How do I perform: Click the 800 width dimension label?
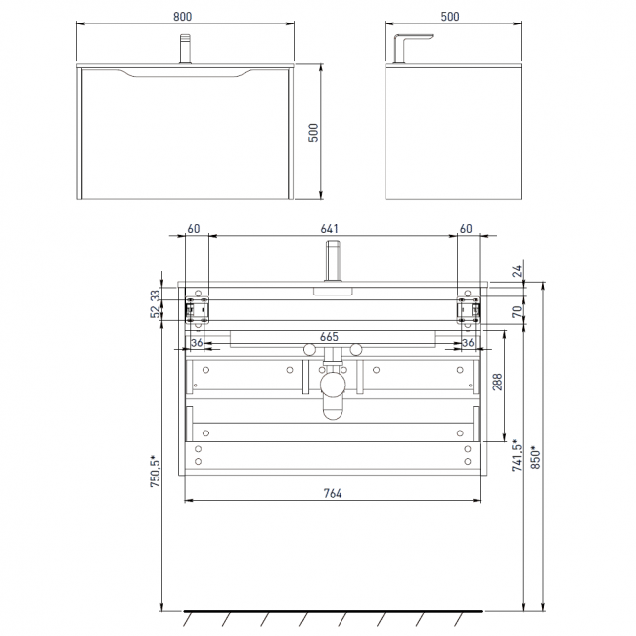183,17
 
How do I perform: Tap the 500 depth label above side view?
450,17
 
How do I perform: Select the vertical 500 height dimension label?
313,133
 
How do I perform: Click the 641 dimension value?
329,229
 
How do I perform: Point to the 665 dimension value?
329,337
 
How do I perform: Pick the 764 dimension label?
333,493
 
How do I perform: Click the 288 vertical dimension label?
497,382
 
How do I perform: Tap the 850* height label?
536,458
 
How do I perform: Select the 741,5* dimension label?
517,455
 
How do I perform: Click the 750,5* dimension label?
156,472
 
